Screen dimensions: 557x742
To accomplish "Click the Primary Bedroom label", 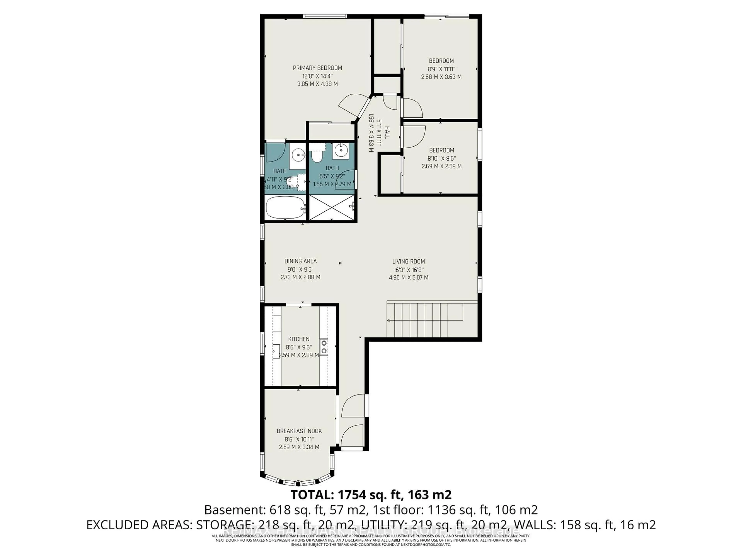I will click(x=317, y=68).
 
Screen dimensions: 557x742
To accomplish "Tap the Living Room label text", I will click(x=408, y=261).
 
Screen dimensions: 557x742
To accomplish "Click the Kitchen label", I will click(x=299, y=339).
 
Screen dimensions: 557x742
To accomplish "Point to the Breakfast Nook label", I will click(x=299, y=431).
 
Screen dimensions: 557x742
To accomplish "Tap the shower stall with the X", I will click(x=331, y=208).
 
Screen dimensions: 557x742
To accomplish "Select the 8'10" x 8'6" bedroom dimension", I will click(x=442, y=158).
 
